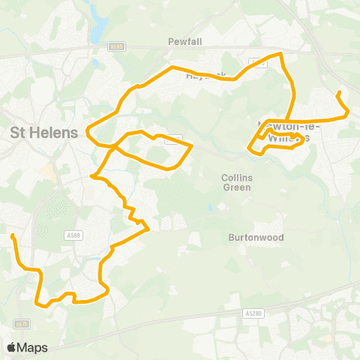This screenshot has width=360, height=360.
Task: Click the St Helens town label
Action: pyautogui.click(x=43, y=133)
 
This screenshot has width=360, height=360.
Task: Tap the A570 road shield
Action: pyautogui.click(x=19, y=324)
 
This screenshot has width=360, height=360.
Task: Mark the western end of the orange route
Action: pyautogui.click(x=13, y=236)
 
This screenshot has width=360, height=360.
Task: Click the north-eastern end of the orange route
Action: pyautogui.click(x=339, y=92)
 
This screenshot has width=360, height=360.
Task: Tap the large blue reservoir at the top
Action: pyautogui.click(x=97, y=30)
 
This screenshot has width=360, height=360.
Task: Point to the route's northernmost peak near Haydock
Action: pyautogui.click(x=280, y=54)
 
